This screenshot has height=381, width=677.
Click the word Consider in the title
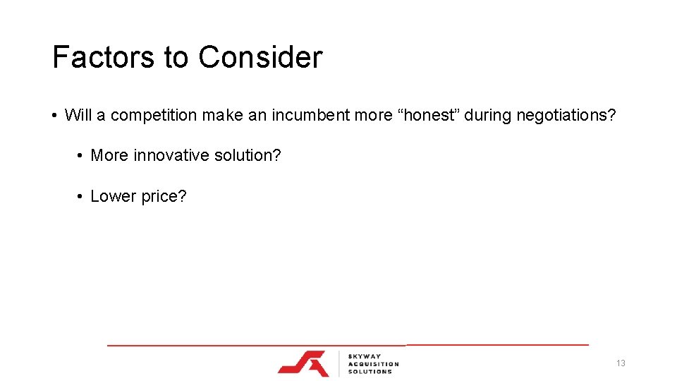[x=260, y=57]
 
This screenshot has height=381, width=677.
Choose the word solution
[x=247, y=155]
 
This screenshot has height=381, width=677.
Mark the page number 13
[x=621, y=363]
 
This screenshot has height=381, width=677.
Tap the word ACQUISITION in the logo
[x=373, y=364]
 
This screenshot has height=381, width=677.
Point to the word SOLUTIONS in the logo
[x=370, y=371]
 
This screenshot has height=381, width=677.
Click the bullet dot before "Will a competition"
[x=54, y=115]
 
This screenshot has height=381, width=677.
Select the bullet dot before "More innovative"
[x=80, y=155]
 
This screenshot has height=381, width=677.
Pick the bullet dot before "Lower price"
[x=80, y=196]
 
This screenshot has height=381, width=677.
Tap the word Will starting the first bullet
[x=76, y=115]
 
